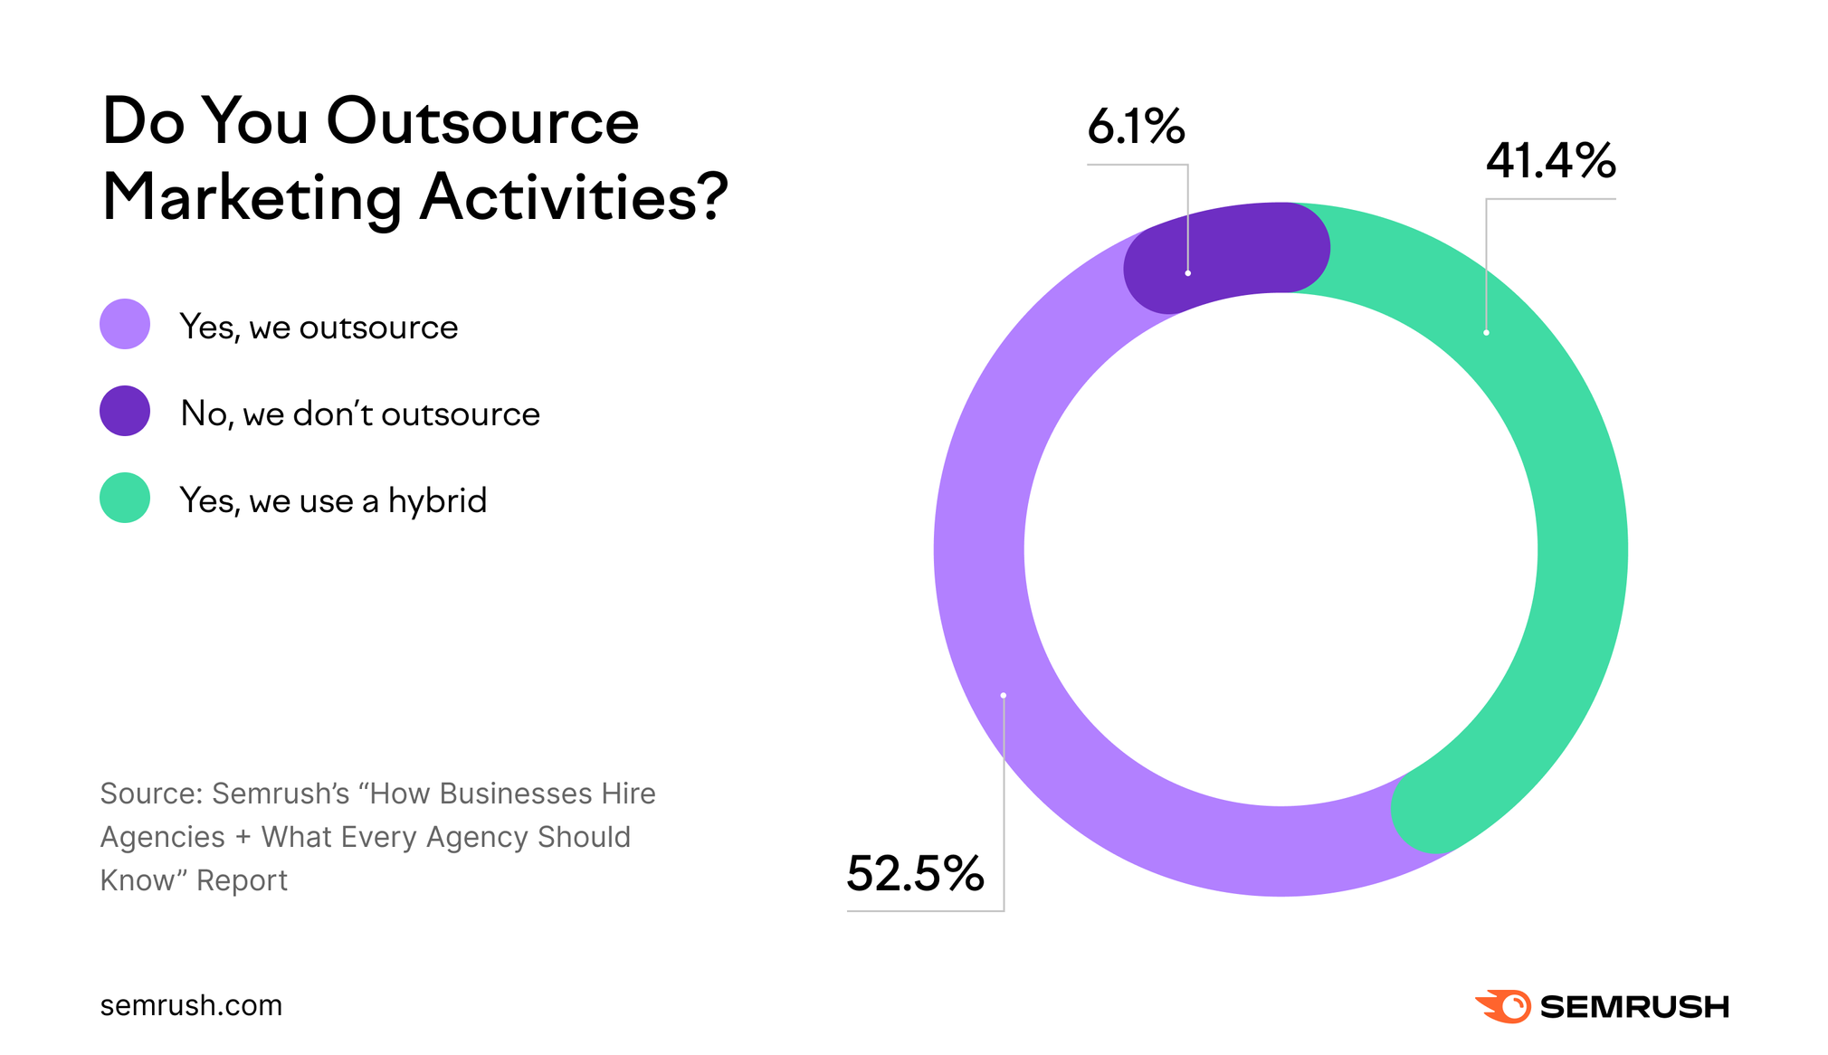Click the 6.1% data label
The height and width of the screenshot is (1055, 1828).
point(1135,127)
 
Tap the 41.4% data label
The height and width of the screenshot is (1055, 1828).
point(1549,161)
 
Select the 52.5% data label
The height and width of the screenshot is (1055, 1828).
point(915,874)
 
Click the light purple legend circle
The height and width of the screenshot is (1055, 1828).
point(125,324)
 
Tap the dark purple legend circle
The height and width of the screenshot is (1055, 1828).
point(125,411)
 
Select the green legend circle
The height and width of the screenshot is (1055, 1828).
point(125,498)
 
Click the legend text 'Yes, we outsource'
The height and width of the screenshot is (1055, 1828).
point(319,328)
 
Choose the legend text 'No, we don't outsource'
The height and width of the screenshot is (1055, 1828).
point(360,414)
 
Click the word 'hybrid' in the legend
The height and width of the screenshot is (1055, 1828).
point(437,500)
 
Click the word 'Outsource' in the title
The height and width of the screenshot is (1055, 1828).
point(482,122)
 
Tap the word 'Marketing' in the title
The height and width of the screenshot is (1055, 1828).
point(252,198)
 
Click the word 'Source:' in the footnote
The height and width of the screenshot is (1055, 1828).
point(150,794)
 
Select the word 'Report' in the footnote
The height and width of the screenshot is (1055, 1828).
point(242,880)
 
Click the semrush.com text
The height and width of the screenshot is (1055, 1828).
point(191,1005)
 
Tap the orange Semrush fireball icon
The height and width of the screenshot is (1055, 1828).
point(1503,1006)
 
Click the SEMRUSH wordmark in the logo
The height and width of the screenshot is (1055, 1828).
point(1633,1007)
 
